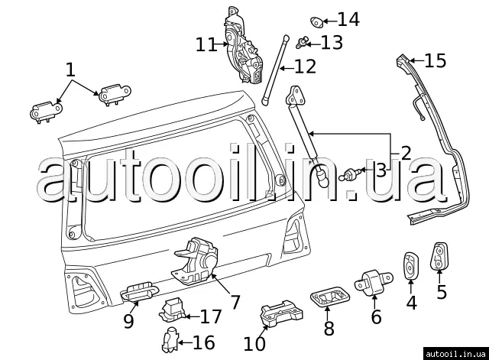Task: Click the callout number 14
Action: tap(348, 19)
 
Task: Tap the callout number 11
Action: tap(206, 44)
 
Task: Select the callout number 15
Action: tap(435, 60)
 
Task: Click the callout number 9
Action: tap(128, 321)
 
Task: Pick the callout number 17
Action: tap(210, 316)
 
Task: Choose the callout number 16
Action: tap(203, 342)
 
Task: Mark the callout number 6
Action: tap(376, 316)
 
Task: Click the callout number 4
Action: tap(411, 302)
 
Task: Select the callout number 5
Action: tap(442, 291)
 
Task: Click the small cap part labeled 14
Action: tap(318, 19)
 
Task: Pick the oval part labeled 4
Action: tap(411, 265)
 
